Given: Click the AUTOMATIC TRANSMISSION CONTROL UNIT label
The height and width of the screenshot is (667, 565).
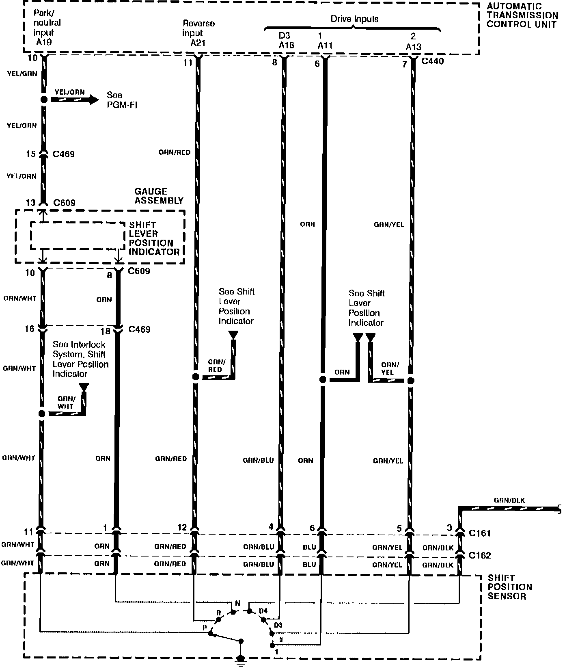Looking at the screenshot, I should tap(522, 15).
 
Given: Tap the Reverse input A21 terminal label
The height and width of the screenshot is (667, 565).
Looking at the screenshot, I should tap(198, 33).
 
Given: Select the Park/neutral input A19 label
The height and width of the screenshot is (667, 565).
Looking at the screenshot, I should tap(46, 27).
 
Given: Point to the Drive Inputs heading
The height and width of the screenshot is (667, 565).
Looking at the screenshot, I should tap(354, 19).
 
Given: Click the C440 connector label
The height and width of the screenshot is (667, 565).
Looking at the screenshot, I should tap(433, 61).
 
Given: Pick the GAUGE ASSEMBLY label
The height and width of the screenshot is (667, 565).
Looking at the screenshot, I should tap(159, 196).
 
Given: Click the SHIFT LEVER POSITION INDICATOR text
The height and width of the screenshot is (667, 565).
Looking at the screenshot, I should tap(153, 238).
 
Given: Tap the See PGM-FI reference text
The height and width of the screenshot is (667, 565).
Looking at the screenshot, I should tap(121, 100).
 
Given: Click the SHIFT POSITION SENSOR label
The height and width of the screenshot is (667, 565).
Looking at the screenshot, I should tap(509, 587).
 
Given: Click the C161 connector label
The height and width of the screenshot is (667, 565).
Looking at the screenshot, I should tap(480, 533).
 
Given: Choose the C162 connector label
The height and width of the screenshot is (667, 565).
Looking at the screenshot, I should tap(480, 555).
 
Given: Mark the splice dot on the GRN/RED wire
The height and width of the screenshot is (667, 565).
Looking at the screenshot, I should tap(196, 377).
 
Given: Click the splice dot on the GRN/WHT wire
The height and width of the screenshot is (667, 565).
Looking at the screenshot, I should tap(41, 414).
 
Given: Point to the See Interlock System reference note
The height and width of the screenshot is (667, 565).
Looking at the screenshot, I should tap(80, 359).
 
